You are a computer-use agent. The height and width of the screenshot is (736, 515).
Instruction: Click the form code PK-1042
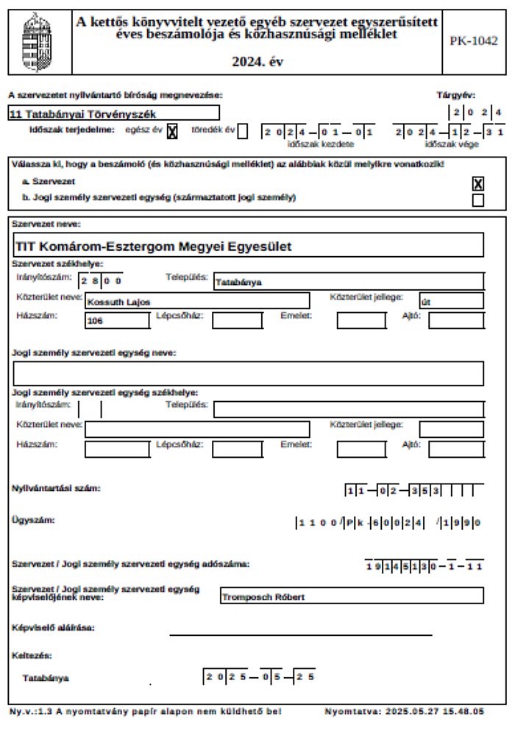point(473,40)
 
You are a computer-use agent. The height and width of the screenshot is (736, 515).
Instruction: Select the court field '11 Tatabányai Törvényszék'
point(113,113)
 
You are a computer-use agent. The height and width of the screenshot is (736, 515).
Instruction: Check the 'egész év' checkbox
point(173,131)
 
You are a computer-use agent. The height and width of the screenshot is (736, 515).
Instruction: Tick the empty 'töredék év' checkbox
point(243,131)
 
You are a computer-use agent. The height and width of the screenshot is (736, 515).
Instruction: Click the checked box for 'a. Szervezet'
point(478,184)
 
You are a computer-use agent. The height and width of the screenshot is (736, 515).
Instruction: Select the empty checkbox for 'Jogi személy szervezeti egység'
point(478,200)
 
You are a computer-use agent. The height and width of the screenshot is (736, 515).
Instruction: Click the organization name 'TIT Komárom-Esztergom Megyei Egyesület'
point(247,246)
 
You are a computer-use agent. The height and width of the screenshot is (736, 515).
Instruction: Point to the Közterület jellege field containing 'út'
point(451,301)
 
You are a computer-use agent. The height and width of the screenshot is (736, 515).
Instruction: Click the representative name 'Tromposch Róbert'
point(352,596)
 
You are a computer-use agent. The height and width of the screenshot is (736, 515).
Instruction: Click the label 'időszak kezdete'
point(316,144)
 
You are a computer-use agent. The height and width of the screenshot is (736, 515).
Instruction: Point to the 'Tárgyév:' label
point(455,94)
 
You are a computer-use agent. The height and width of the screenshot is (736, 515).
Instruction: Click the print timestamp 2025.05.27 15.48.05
point(405,712)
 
